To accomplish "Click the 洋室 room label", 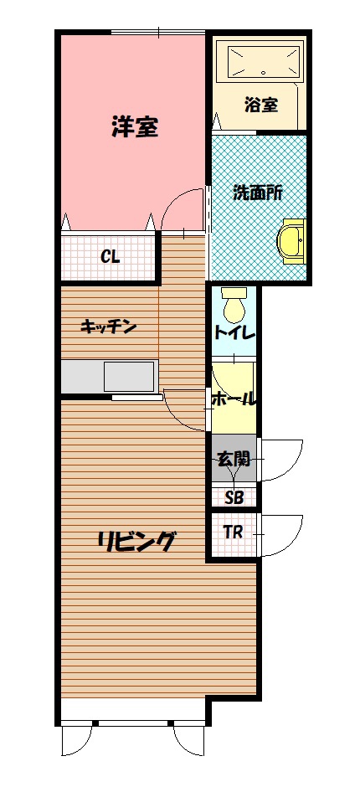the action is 135,127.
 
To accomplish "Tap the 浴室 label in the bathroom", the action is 261,105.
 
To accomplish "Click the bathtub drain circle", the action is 264,72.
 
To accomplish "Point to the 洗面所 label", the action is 259,193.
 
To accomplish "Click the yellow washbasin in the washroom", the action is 293,241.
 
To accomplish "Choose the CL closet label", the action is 110,257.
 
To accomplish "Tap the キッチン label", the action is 109,327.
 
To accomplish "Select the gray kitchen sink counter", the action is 110,377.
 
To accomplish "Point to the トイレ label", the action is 234,332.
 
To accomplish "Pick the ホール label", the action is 234,399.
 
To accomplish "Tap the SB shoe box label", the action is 234,497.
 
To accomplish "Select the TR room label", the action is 233,532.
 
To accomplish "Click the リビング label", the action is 136,542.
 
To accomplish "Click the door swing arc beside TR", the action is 296,539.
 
